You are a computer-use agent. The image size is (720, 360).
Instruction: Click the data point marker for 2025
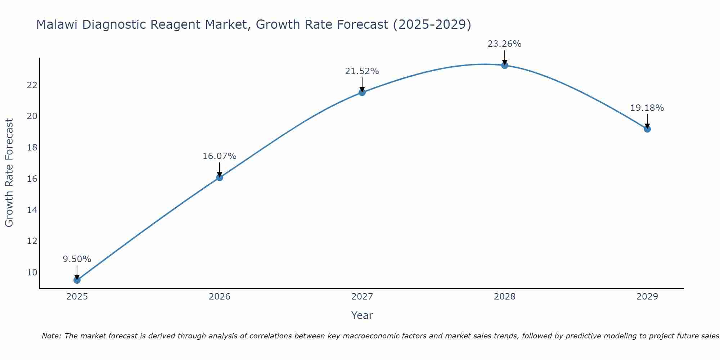(77, 280)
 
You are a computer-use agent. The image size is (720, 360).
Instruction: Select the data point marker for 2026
(220, 177)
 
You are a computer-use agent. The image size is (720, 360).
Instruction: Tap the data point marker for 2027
(362, 93)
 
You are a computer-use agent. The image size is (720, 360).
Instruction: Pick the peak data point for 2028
(505, 65)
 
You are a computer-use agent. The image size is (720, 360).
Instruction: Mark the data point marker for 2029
(647, 129)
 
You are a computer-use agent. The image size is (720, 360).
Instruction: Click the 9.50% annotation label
(77, 259)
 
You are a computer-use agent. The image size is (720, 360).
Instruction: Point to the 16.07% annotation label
(220, 156)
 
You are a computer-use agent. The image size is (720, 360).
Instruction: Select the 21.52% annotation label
(362, 71)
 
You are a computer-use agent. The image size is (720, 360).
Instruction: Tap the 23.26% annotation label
(505, 44)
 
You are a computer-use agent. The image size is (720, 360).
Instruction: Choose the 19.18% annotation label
(647, 108)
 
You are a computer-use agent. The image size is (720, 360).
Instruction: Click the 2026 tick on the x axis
(220, 297)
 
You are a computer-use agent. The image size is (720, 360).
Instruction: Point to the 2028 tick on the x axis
(505, 297)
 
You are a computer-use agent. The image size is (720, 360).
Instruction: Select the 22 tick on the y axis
(32, 85)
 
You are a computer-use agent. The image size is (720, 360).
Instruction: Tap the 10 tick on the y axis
(32, 272)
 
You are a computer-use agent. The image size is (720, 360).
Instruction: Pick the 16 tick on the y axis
(32, 179)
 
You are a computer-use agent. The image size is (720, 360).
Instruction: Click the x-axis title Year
(362, 315)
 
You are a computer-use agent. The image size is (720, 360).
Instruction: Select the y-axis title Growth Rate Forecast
(9, 173)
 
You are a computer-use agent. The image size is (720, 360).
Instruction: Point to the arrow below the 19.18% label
(647, 121)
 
